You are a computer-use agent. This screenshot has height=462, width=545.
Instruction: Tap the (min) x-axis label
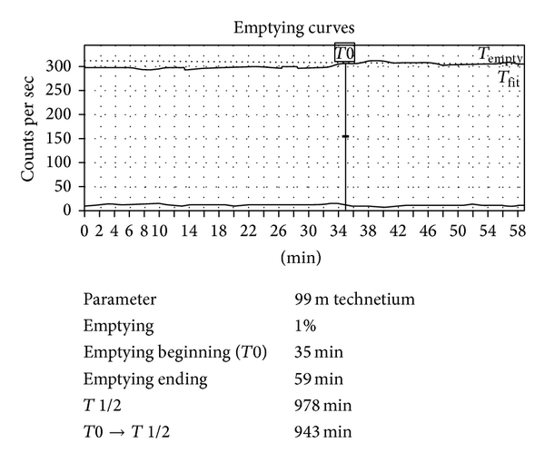click(x=304, y=257)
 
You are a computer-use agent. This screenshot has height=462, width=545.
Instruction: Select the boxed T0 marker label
click(x=344, y=54)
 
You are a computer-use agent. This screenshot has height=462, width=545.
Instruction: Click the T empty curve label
click(x=500, y=55)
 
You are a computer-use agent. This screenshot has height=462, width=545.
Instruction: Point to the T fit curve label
click(x=508, y=79)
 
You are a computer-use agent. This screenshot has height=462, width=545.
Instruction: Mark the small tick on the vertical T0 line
click(x=345, y=136)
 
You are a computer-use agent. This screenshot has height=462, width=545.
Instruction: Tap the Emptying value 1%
click(x=305, y=322)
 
